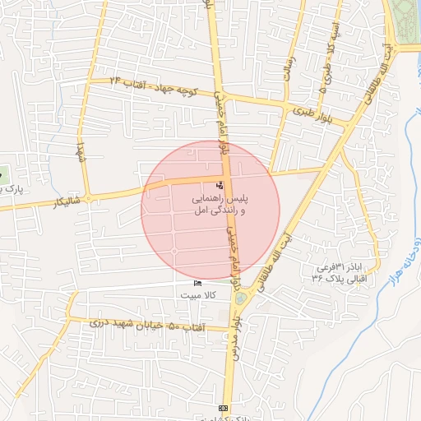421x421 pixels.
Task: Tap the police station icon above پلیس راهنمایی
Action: tap(219, 185)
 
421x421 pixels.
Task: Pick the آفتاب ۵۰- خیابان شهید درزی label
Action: tap(132, 323)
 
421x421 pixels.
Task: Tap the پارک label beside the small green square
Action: tap(12, 188)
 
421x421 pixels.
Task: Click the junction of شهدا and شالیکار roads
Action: tap(88, 197)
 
